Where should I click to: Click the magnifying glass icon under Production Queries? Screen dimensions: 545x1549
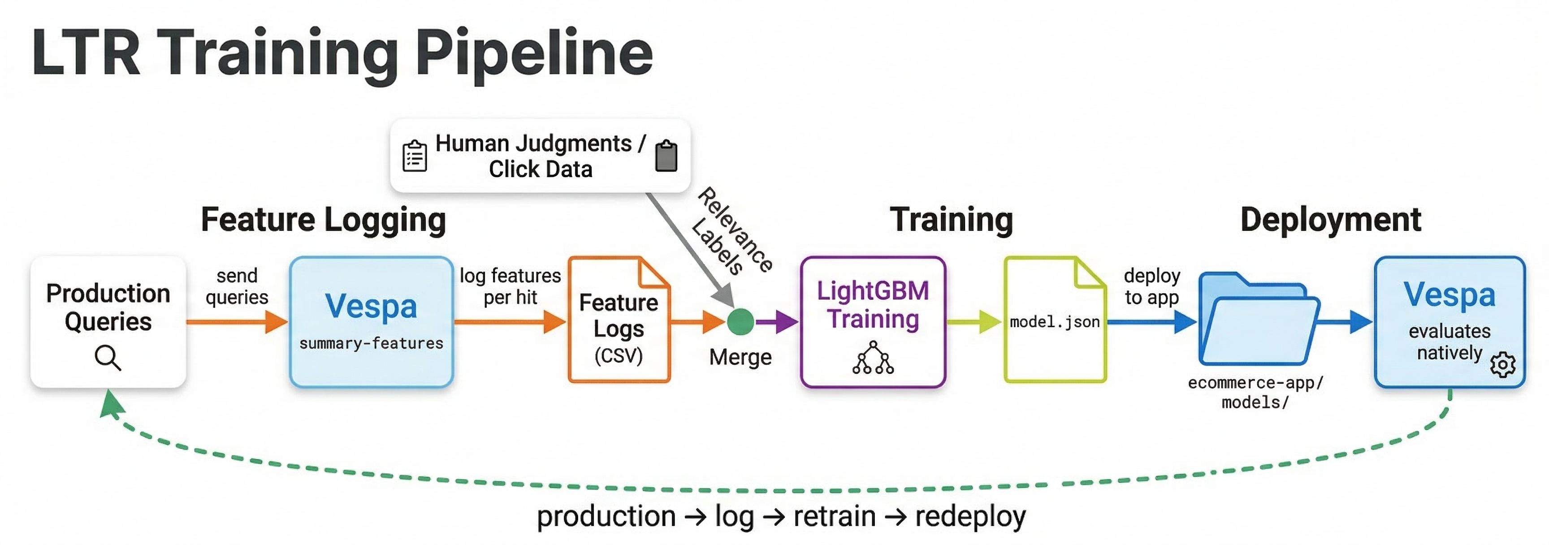(108, 358)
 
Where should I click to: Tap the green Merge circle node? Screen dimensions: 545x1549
(740, 322)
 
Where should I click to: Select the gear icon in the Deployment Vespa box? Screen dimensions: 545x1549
(1503, 364)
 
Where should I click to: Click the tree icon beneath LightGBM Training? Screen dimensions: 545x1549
(873, 359)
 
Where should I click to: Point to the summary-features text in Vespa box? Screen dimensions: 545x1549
(371, 343)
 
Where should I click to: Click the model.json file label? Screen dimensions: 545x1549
(1055, 322)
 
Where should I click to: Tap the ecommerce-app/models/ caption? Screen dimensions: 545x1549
(1255, 392)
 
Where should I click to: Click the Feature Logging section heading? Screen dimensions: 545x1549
(324, 220)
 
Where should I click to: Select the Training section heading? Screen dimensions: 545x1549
(951, 220)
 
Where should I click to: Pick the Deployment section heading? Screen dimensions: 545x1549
(1330, 220)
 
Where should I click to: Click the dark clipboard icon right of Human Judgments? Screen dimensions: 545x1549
(666, 156)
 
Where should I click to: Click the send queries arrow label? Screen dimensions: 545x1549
(237, 286)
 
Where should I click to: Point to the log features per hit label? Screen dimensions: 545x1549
(510, 286)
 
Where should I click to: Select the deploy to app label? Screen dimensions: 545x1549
(1151, 286)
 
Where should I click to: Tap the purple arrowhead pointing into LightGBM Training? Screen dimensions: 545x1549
(785, 322)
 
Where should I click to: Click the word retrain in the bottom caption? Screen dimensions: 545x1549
(835, 517)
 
